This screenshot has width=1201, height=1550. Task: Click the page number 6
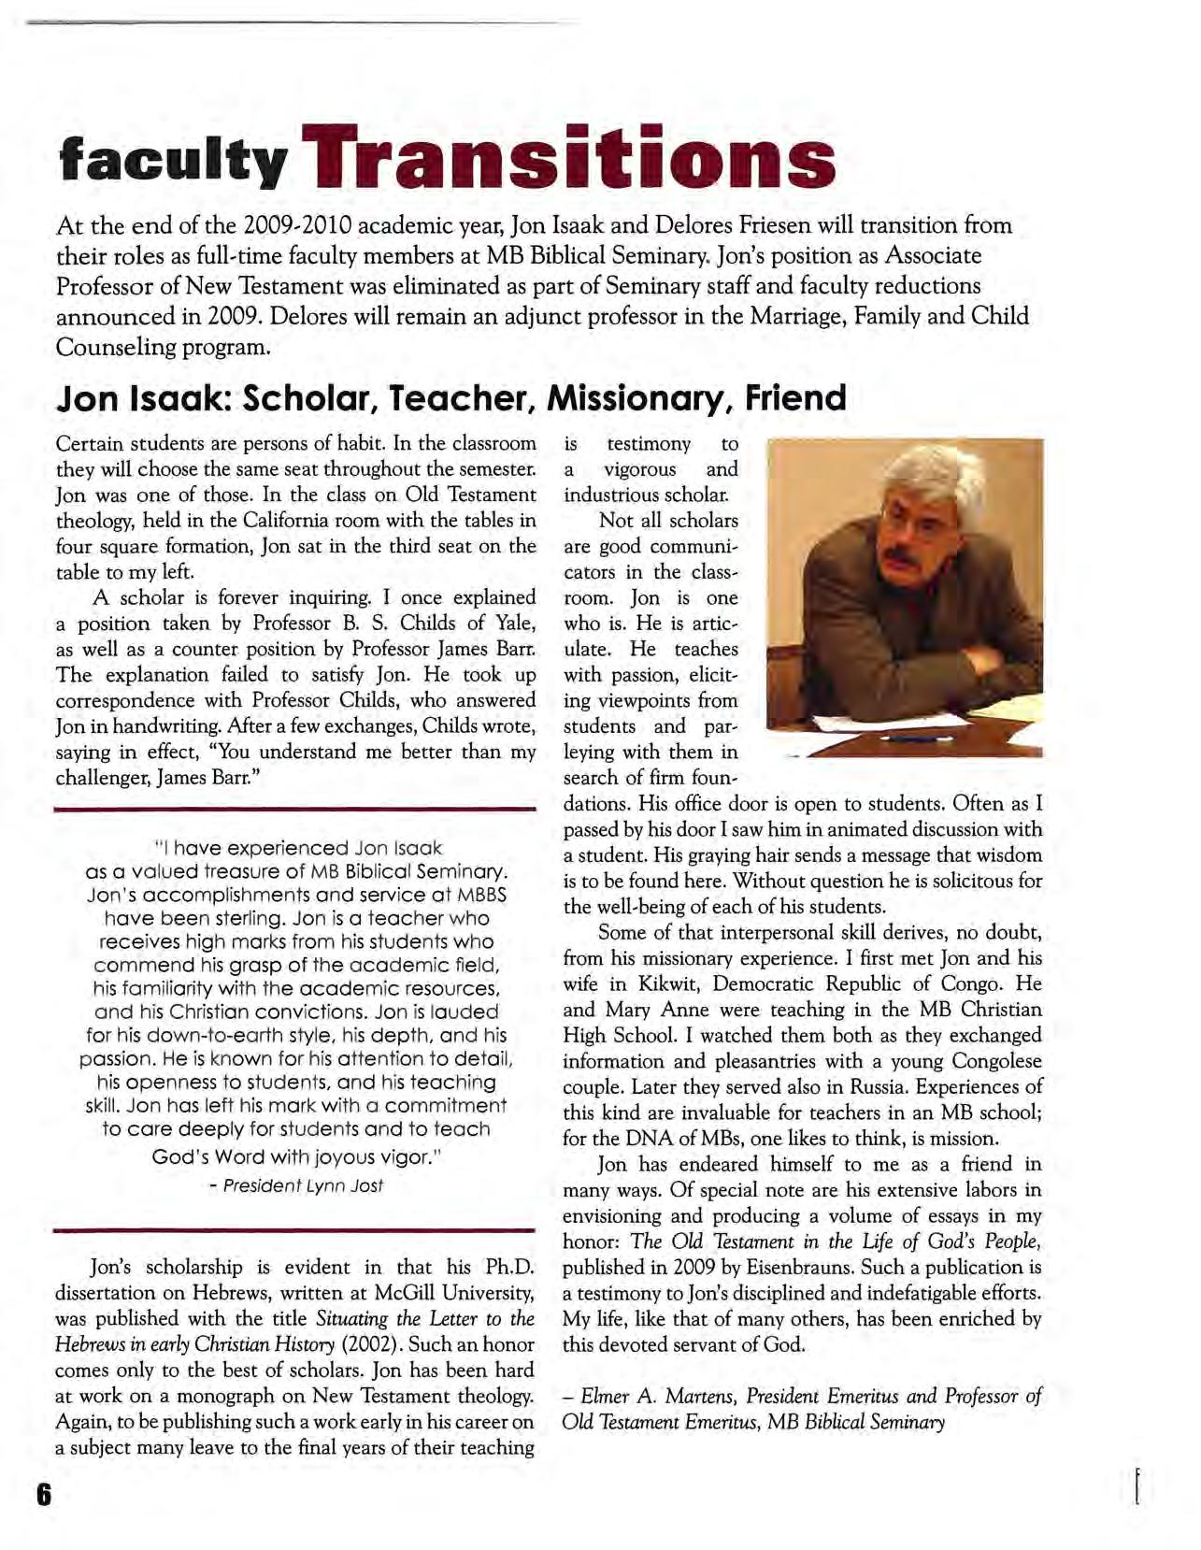(42, 1493)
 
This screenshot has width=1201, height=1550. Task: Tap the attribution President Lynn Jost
(303, 1185)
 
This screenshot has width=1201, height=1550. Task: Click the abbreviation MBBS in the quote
(483, 895)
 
